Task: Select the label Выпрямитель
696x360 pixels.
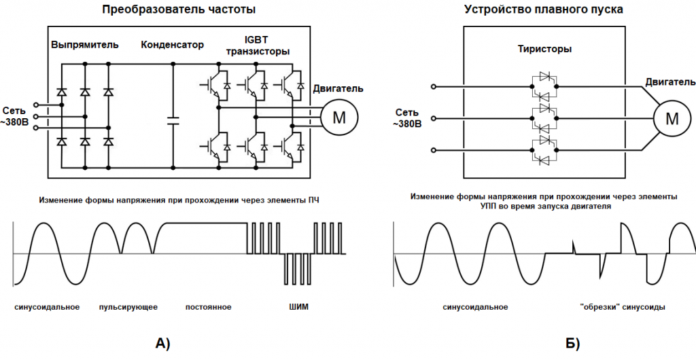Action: [x=85, y=46]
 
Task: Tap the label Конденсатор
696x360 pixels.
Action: [x=172, y=46]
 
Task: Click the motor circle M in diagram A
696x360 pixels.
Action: [x=338, y=117]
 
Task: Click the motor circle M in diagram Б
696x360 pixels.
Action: [x=672, y=118]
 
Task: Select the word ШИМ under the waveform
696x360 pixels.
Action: [x=298, y=307]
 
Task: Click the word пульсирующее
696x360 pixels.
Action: [x=128, y=307]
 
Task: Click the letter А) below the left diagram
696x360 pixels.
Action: [x=163, y=343]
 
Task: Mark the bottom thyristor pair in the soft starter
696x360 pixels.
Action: [x=543, y=150]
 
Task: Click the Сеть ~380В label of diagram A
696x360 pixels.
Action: [x=14, y=116]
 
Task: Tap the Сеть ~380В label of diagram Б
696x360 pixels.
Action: [x=407, y=118]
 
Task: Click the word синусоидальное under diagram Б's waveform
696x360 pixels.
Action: [x=475, y=307]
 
